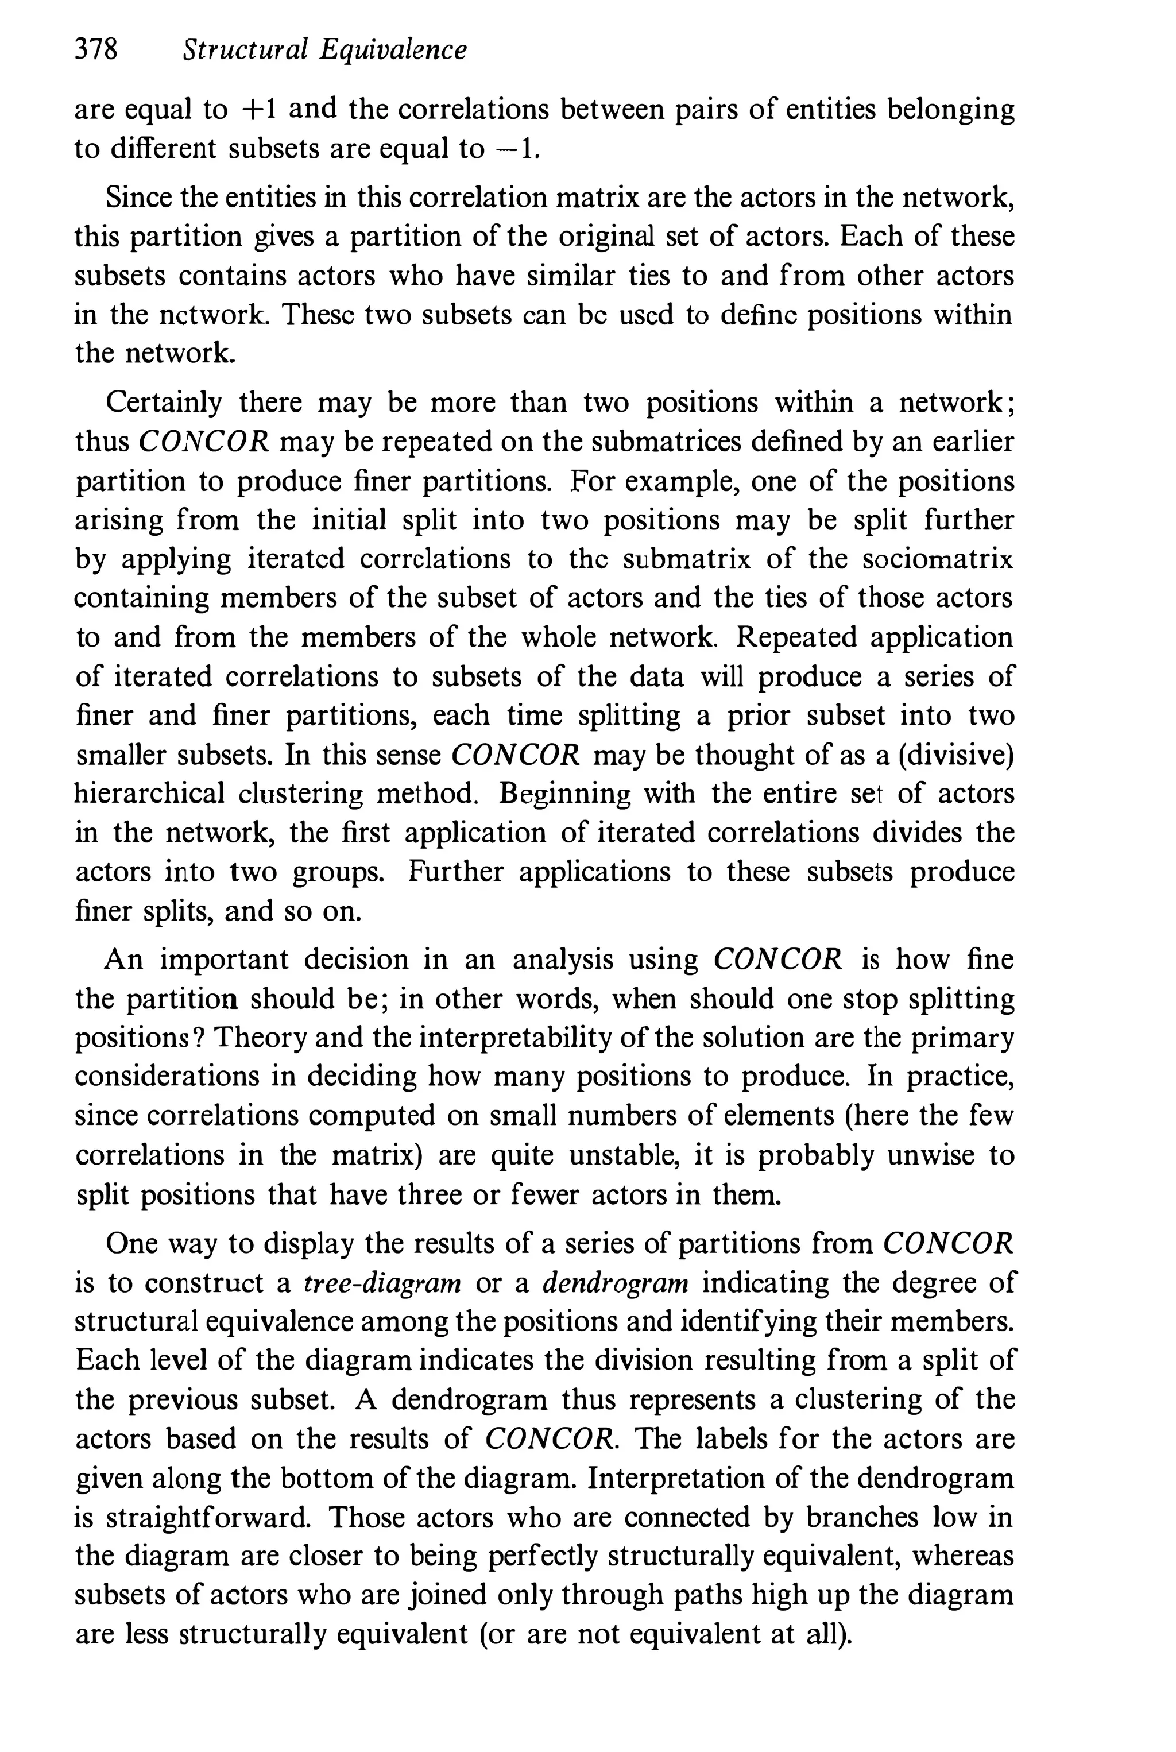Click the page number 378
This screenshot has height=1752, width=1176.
click(96, 51)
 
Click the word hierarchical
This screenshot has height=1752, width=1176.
click(149, 794)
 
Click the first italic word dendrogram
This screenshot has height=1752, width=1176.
click(615, 1283)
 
